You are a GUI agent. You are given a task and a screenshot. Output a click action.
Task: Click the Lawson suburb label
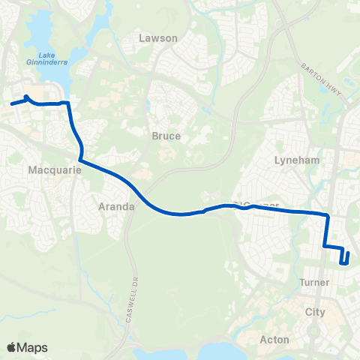pos(158,37)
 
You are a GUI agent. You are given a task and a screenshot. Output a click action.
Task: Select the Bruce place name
pos(166,136)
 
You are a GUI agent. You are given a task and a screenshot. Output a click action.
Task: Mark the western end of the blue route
pos(12,103)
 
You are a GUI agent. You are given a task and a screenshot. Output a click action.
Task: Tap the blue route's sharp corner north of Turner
pos(328,216)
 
